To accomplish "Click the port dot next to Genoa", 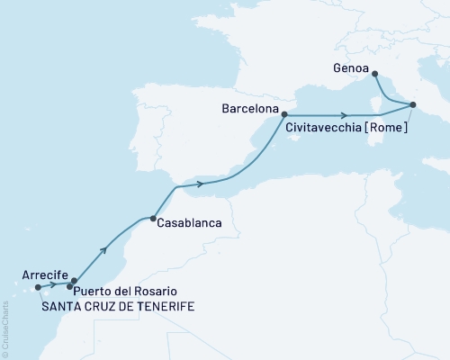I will point(374,75).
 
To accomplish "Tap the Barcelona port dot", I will point(283,114).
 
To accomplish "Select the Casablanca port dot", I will point(155,218).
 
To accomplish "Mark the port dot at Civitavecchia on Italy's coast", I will point(413,106).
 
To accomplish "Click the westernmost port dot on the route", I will point(38,288).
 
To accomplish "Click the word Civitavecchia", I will point(326,129).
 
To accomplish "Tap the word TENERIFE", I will point(163,306).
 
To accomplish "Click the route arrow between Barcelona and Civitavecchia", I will point(346,115).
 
